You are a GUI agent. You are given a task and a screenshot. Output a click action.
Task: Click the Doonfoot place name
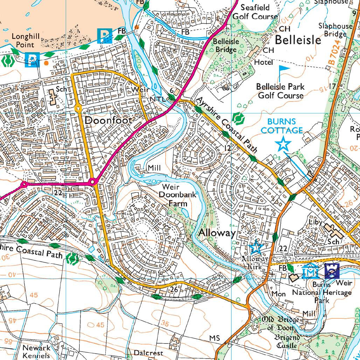point(109,120)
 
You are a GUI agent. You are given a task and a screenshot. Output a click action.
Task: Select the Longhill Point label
point(23,40)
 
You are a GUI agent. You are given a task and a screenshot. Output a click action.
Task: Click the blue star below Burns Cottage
point(283,144)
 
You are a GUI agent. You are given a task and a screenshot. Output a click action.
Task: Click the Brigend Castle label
point(286,341)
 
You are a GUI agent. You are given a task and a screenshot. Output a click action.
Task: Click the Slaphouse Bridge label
point(335,30)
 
